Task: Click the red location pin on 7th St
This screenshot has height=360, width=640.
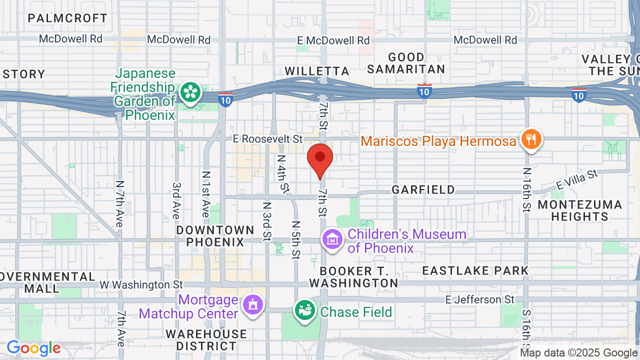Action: [x=320, y=158]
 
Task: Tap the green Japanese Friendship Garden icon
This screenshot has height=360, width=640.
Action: [x=190, y=92]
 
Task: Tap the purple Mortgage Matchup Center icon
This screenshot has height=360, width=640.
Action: [x=253, y=304]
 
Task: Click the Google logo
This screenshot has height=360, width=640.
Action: [x=33, y=348]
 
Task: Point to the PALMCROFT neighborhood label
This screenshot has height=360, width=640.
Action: [x=67, y=18]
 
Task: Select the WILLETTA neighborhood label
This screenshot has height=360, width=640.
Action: [x=317, y=71]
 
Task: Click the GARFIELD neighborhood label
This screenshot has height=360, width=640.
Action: [x=423, y=189]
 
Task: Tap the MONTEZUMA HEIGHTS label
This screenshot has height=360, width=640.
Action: [x=580, y=210]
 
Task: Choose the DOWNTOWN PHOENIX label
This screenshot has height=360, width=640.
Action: [x=215, y=236]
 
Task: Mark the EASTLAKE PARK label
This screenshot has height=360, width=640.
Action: [x=475, y=271]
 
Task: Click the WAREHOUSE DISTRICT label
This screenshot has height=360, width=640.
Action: [x=206, y=340]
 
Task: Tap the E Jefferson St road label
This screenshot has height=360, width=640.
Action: [x=480, y=299]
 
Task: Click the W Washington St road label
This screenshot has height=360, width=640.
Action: [x=141, y=284]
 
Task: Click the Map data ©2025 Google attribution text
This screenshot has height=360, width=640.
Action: [x=578, y=353]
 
